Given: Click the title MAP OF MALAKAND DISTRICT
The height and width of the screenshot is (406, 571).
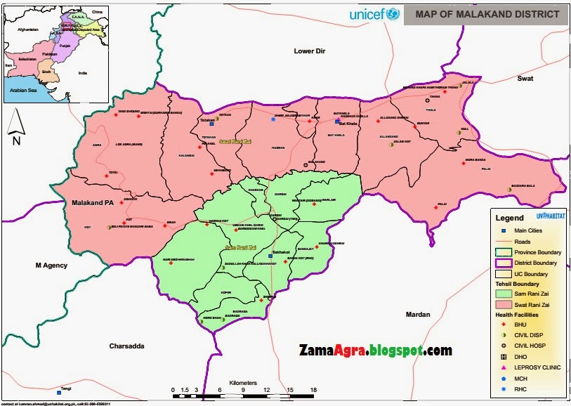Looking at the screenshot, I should click(x=487, y=14).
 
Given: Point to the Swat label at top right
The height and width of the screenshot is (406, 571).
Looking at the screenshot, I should click(x=525, y=79).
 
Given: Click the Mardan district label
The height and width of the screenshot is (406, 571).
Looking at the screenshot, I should click(x=416, y=314).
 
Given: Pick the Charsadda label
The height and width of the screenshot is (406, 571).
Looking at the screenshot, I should click(x=126, y=346).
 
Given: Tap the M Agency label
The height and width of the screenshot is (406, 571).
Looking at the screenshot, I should click(x=51, y=265).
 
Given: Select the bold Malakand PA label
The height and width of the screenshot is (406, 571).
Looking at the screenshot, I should click(x=93, y=203).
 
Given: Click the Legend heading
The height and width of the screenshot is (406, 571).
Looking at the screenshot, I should click(x=509, y=218).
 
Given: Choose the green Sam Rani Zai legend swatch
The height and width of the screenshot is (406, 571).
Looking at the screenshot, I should click(x=503, y=293).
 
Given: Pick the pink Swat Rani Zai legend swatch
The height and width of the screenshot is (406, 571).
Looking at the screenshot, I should click(x=503, y=303).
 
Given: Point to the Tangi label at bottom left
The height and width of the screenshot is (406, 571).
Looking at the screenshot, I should click(x=66, y=388).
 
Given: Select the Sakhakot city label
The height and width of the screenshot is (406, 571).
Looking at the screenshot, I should click(x=280, y=251).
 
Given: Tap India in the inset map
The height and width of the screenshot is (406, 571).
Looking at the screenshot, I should click(x=82, y=73).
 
